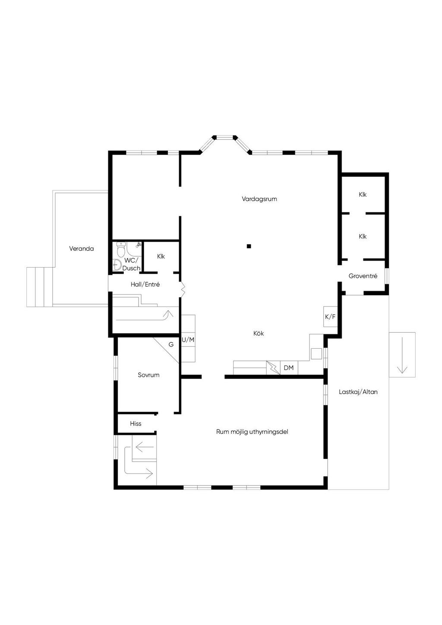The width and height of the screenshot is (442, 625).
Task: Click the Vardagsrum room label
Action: pos(259,199)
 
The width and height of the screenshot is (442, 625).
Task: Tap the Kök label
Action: pos(259,333)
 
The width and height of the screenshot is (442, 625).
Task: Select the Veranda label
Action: pos(82,249)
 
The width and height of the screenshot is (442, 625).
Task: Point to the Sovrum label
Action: pos(148,375)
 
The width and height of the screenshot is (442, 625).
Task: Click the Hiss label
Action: pos(136,423)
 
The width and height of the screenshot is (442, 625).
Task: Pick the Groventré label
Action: pos(363,276)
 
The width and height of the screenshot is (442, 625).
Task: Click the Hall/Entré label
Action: pos(145,284)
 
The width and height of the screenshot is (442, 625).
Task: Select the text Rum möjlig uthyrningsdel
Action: pos(252,432)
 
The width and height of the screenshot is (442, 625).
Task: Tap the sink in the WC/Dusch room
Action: pos(117,264)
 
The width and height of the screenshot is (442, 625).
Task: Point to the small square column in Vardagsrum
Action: pos(249,246)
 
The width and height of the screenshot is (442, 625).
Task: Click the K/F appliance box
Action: pos(330,317)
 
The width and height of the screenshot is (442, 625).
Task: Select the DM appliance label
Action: pos(288,368)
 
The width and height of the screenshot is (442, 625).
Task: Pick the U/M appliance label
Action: pos(188,340)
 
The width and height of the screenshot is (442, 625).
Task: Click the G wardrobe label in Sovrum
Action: pos(171,344)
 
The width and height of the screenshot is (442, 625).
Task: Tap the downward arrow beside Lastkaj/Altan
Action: pos(402,355)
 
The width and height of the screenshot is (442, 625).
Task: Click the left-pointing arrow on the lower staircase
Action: pos(145,447)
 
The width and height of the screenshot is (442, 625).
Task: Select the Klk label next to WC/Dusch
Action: pos(161,256)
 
